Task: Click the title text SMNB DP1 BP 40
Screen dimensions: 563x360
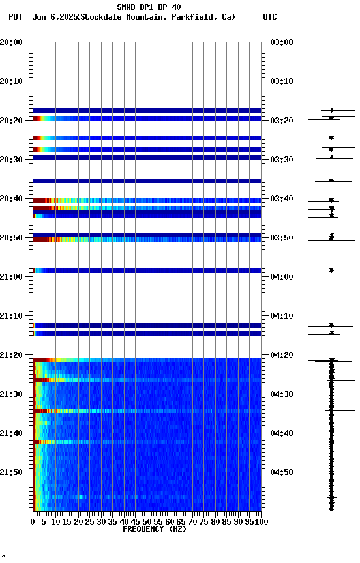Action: coord(149,7)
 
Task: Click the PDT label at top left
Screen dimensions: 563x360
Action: coord(16,17)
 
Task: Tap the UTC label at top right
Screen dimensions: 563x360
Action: coord(270,17)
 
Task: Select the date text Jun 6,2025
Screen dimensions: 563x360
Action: coord(54,17)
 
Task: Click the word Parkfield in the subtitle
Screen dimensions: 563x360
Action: coord(193,17)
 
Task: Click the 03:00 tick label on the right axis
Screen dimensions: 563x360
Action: coord(282,42)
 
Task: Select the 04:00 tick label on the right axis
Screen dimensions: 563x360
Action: coord(282,277)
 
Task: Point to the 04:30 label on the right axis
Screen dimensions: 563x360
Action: coord(282,394)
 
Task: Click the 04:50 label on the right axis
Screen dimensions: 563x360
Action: coord(282,472)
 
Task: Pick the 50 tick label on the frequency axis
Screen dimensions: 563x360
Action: coord(147,522)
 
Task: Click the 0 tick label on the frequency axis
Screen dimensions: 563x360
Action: coord(33,522)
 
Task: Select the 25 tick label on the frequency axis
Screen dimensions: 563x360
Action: coord(90,522)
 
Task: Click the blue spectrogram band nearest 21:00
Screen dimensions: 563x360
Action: coord(147,270)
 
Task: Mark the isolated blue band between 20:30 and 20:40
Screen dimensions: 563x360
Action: coord(147,180)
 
